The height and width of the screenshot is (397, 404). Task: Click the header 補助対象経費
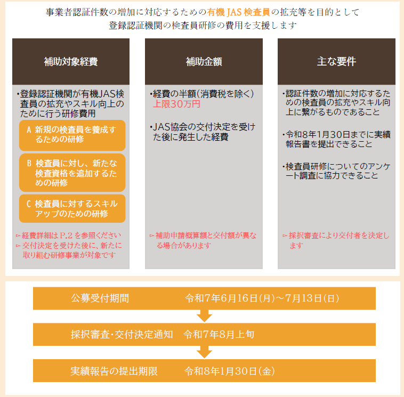point(71,62)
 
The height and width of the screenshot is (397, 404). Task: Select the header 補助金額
point(204,62)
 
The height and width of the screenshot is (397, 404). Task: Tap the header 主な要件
point(336,62)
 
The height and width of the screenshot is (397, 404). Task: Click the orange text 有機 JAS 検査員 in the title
point(238,12)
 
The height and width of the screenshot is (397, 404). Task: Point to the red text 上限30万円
point(176,104)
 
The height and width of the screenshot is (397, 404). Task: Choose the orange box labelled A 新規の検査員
point(72,135)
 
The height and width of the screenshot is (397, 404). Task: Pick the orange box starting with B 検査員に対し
point(72,173)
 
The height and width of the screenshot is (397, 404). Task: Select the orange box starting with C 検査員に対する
point(72,208)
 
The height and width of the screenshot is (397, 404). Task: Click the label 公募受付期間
point(100,298)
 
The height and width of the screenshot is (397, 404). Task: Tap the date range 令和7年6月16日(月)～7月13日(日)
point(262,298)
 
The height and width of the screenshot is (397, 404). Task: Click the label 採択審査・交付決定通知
point(122,335)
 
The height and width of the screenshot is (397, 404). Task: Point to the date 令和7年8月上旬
point(219,335)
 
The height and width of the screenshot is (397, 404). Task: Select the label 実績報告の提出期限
point(114,371)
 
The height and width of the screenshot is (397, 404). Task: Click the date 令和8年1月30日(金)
point(230,371)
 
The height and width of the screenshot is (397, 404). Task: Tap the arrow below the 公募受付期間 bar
point(204,316)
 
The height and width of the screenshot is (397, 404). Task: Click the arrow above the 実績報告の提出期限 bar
point(204,352)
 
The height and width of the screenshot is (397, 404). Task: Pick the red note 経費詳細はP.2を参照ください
point(68,236)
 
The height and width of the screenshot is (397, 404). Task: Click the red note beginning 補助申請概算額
point(203,240)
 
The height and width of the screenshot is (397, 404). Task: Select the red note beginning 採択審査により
point(336,240)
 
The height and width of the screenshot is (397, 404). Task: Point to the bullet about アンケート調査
point(336,171)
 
